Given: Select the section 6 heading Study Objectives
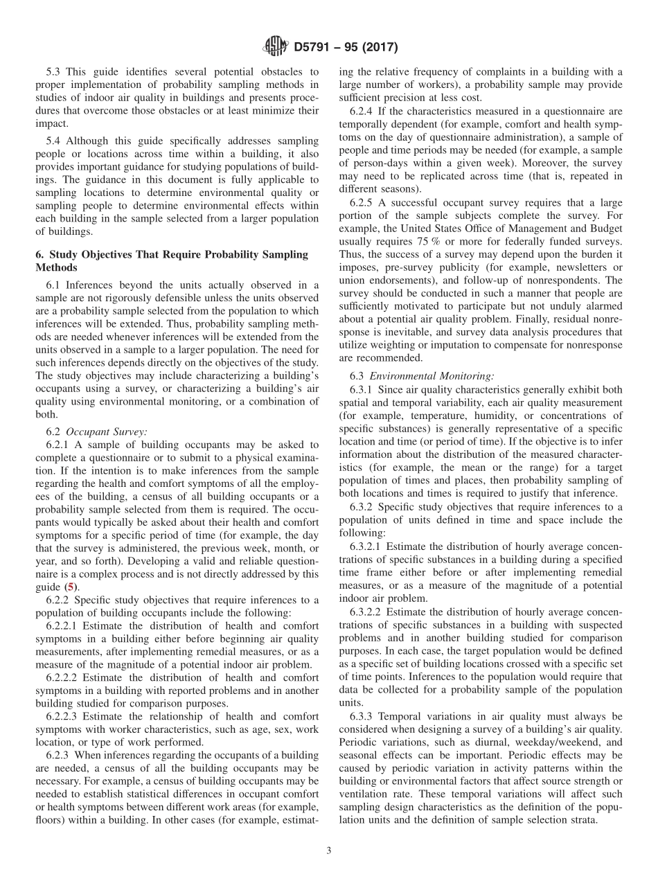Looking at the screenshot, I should pyautogui.click(x=172, y=254).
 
